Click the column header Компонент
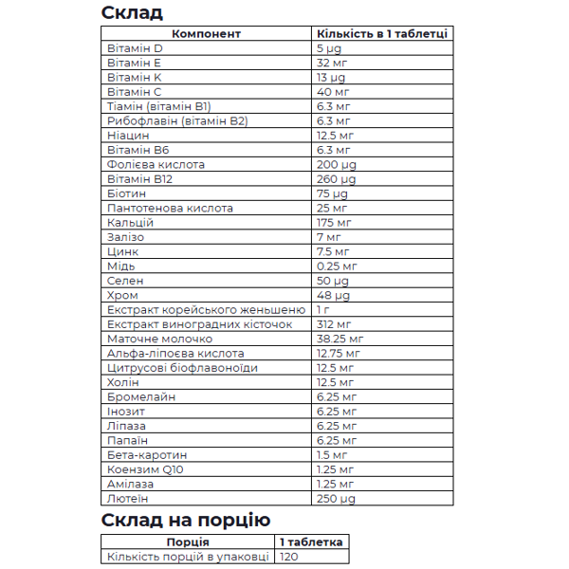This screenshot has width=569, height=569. pos(208,33)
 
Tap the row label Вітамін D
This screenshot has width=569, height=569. pos(136,47)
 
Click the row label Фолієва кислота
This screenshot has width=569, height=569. pos(156,164)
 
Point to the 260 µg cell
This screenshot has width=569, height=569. pos(337,178)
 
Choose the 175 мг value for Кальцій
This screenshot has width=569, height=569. pos(334,222)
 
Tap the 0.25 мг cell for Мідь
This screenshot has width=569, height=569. pos(337,266)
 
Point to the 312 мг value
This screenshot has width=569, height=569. pos(334,324)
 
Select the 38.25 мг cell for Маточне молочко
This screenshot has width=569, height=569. pos(340,339)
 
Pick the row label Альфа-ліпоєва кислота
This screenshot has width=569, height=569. pos(171,353)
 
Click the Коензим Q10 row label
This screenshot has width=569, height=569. pos(146,469)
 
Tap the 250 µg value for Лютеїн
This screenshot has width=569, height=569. pos(337,498)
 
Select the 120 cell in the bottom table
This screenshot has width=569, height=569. pos(289,557)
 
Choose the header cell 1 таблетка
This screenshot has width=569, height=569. pos(311,541)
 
